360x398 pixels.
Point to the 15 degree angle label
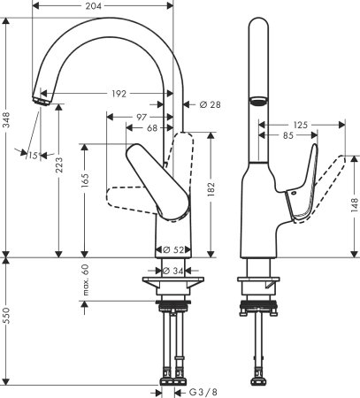[x=31, y=157]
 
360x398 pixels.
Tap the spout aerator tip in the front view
[x=40, y=102]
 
